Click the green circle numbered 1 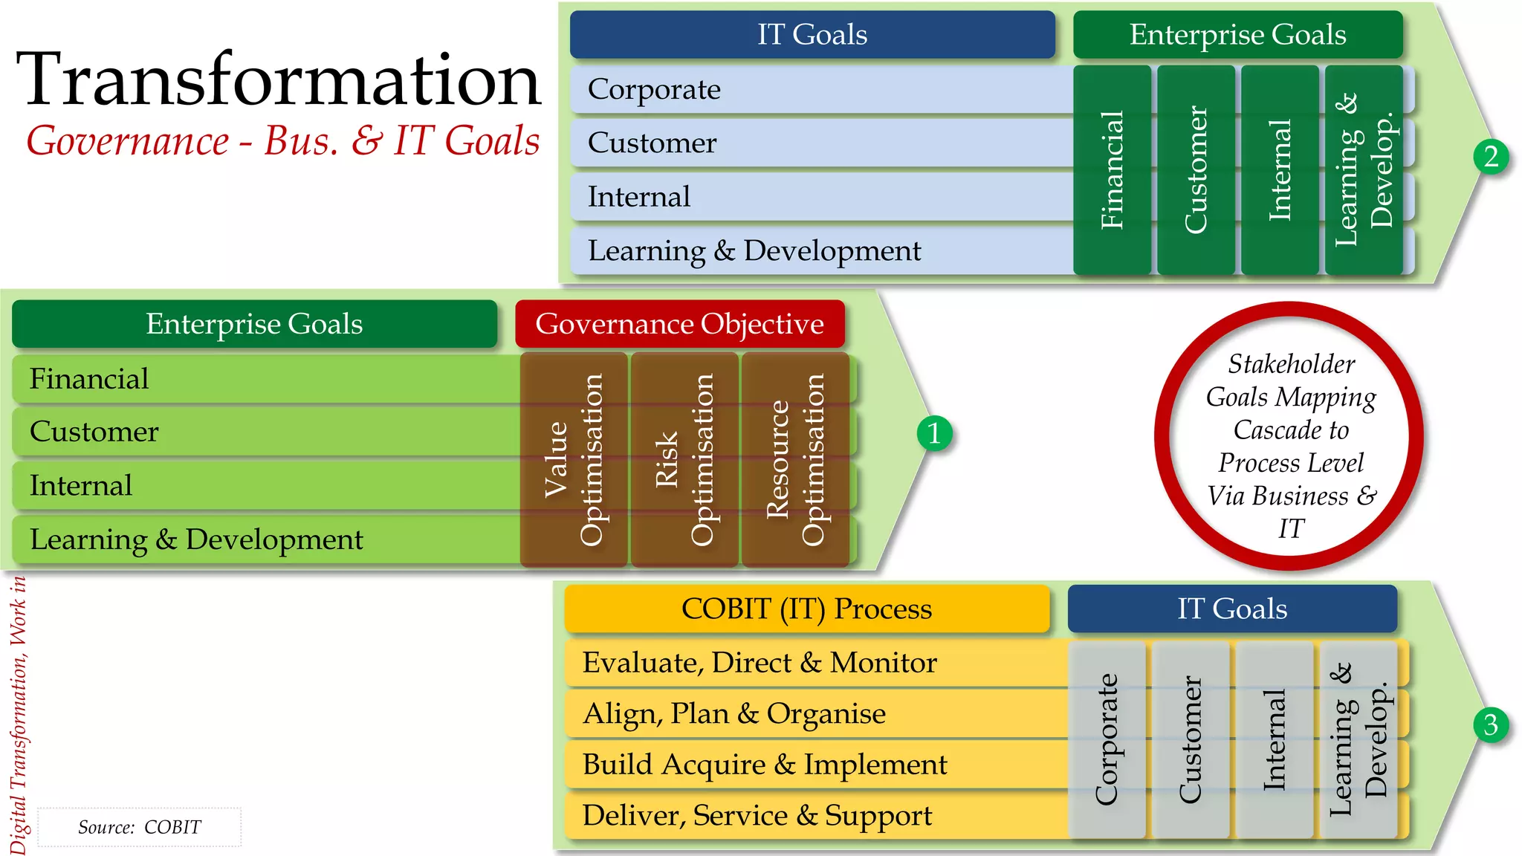tap(934, 432)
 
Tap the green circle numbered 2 tap(1491, 157)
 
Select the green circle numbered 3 tap(1490, 724)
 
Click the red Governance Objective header tap(679, 324)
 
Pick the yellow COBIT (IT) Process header tap(806, 609)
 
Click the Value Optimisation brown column tap(574, 459)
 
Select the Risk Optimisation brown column tap(684, 459)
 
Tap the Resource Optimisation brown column tap(795, 459)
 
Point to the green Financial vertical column tap(1112, 169)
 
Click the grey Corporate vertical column tap(1107, 739)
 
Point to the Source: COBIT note tap(140, 827)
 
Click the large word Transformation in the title tap(279, 80)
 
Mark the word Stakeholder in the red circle tap(1291, 364)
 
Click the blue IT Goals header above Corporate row tap(812, 35)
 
